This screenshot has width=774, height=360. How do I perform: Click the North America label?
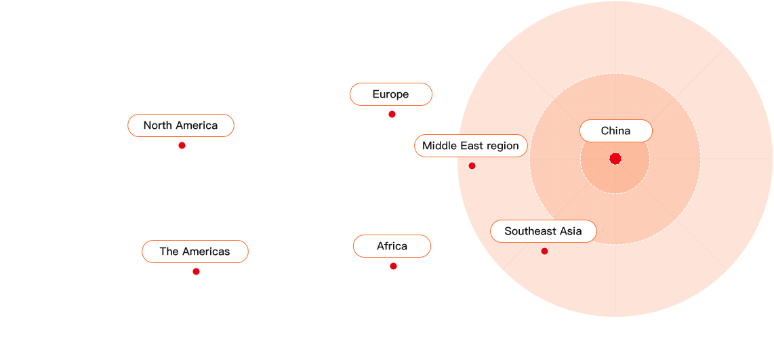coord(181,125)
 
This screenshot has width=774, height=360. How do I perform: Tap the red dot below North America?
coord(182,145)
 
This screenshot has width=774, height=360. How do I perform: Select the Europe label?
coord(390,94)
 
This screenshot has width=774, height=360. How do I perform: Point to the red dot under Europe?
coord(392,114)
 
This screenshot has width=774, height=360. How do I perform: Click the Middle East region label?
coord(470,146)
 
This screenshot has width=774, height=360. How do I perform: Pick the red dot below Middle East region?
coord(472,165)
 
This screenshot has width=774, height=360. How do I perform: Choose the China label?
coord(615,131)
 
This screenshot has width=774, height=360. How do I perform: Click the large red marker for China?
coord(615,159)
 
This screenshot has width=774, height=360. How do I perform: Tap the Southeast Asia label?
coord(543,231)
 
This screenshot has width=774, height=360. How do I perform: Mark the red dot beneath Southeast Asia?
coord(544,251)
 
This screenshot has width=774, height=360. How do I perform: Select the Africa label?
coord(392,246)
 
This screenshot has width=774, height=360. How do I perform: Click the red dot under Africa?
coord(393,266)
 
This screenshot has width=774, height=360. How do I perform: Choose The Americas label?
coord(195,252)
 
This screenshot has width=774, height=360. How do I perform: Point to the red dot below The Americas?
coord(196,271)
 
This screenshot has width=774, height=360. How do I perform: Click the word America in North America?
coord(196,125)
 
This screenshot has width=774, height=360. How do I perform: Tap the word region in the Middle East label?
coord(502,146)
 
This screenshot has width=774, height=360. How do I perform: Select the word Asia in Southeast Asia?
coord(569,231)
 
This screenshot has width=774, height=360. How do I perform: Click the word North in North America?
coord(157,125)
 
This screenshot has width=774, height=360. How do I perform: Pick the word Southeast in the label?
coord(529,231)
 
